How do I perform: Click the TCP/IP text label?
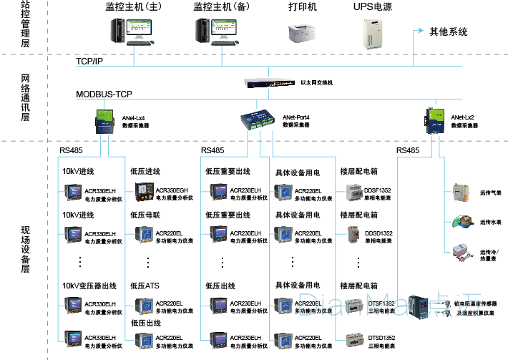[x=89, y=62]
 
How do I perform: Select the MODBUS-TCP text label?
[x=104, y=94]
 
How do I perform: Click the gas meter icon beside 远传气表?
[x=458, y=193]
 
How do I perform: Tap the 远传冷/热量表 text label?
[x=490, y=255]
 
